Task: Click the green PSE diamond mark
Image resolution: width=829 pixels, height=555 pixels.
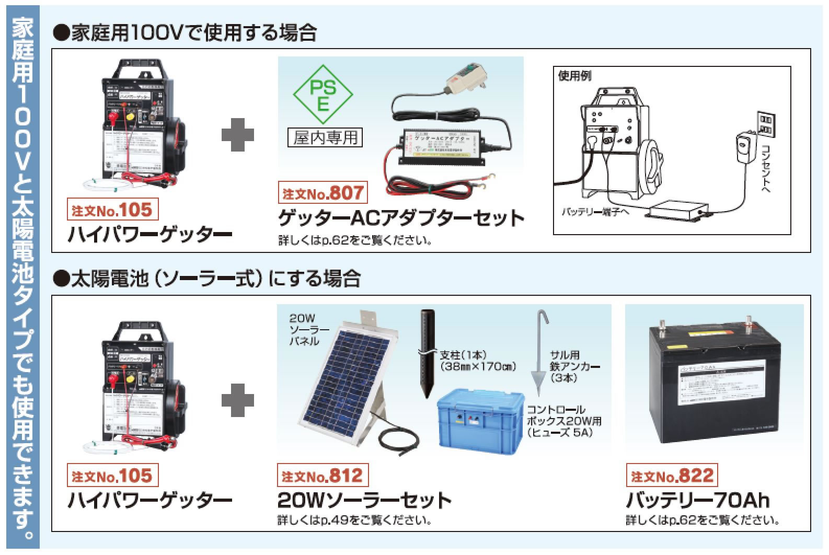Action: tap(323, 96)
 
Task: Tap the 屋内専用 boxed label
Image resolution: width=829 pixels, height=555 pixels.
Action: tap(325, 137)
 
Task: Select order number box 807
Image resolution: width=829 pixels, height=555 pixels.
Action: tap(323, 193)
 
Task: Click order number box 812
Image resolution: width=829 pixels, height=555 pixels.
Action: tap(322, 476)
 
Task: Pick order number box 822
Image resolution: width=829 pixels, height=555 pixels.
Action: tap(672, 476)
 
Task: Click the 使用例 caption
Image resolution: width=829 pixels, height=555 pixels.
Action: tap(574, 76)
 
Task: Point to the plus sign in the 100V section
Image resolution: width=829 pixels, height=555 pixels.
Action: tap(238, 135)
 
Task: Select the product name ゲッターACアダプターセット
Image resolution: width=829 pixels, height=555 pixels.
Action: tap(400, 218)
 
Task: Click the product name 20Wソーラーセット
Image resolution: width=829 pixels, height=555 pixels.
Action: tap(364, 500)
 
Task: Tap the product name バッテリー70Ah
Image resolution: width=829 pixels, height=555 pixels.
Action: tap(697, 500)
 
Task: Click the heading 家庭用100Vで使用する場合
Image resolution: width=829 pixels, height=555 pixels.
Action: tap(186, 33)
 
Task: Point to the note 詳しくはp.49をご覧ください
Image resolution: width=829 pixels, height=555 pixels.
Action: tap(354, 521)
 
